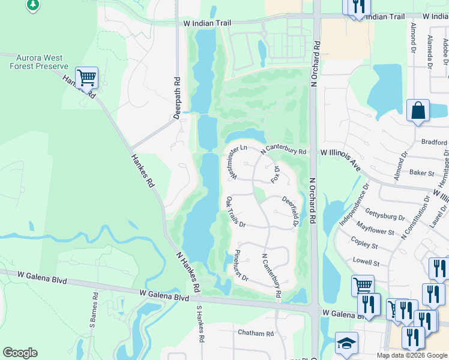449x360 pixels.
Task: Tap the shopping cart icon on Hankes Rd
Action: (87, 77)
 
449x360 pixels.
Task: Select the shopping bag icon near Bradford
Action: (418, 111)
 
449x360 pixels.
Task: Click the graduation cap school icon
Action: (346, 343)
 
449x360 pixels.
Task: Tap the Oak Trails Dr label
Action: (235, 212)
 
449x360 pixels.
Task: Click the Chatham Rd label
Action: (256, 332)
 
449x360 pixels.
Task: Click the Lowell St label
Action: (366, 263)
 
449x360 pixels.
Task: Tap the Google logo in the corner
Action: (20, 353)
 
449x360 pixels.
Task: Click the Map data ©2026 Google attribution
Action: (411, 355)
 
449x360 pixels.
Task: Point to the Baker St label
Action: (421, 173)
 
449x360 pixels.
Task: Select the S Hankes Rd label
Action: (200, 325)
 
